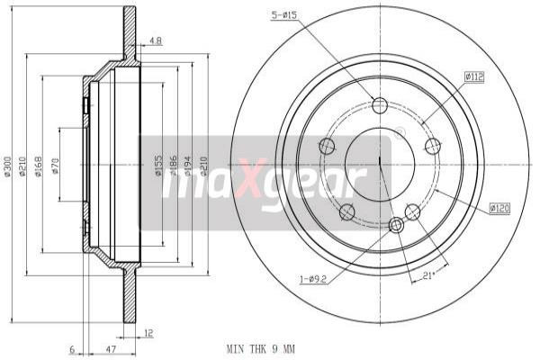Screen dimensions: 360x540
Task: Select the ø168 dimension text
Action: point(38,166)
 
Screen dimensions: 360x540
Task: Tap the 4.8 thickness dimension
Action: point(155,40)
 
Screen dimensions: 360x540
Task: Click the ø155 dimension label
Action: point(158,166)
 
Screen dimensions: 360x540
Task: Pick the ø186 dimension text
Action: point(175,166)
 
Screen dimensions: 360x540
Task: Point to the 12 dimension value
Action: point(148,333)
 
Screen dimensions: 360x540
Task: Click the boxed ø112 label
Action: point(474,77)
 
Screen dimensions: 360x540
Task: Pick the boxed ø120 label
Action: point(499,208)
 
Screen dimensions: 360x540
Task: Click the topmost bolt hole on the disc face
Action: point(379,104)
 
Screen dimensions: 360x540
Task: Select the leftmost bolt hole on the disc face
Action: point(327,146)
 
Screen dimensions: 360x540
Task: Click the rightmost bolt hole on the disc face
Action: point(433,146)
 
